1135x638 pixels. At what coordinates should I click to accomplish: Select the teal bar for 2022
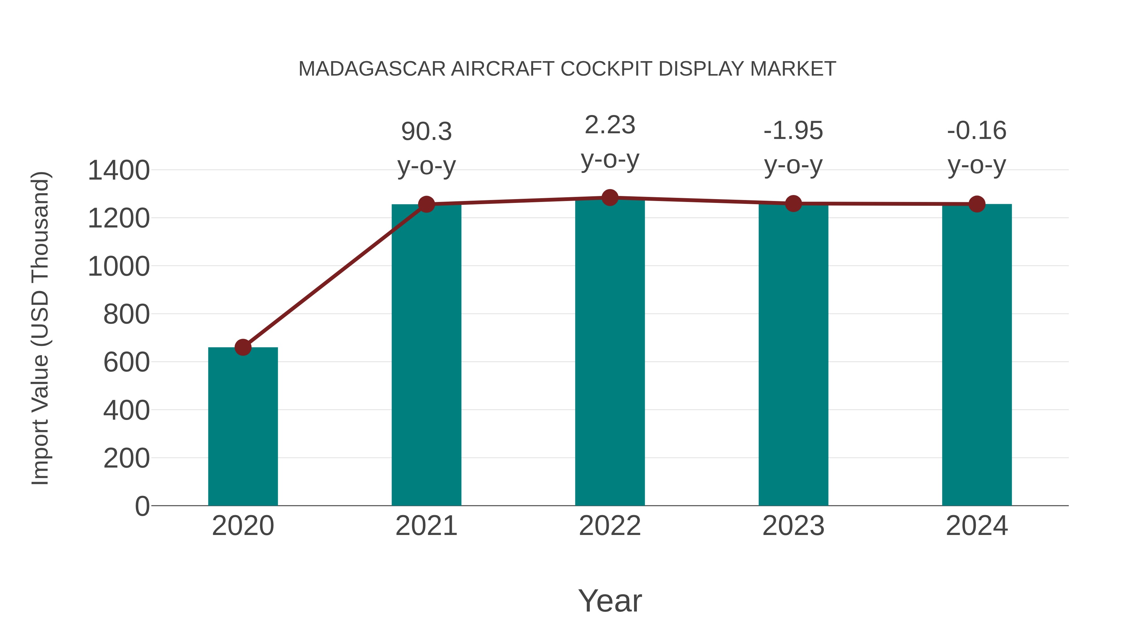[x=610, y=352]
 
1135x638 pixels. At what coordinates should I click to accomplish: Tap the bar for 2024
[x=977, y=354]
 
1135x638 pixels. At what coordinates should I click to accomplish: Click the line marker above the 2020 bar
[x=243, y=348]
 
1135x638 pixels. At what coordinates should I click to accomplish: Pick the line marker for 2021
[x=426, y=204]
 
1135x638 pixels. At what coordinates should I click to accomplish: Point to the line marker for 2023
[x=793, y=204]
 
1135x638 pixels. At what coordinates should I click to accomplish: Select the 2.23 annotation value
[x=610, y=125]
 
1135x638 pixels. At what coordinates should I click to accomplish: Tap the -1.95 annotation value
[x=793, y=131]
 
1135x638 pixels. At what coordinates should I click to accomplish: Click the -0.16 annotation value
[x=977, y=131]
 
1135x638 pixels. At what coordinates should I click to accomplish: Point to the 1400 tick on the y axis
[x=119, y=170]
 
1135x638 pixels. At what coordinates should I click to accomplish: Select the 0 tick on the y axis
[x=142, y=506]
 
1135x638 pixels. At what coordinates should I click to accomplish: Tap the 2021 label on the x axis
[x=426, y=526]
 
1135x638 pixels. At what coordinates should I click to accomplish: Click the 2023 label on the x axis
[x=793, y=526]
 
